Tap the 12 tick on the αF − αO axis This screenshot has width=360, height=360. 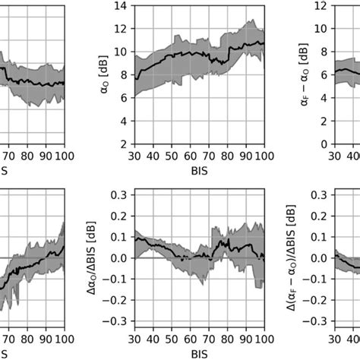point(318,7)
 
